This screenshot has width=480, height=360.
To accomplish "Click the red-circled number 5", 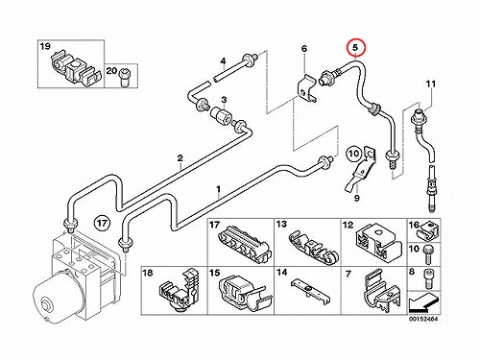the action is [x=355, y=48].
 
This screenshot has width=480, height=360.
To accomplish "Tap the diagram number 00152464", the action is [x=422, y=319].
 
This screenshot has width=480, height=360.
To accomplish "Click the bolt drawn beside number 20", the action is [x=124, y=77].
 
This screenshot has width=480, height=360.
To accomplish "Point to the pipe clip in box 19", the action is [x=75, y=69].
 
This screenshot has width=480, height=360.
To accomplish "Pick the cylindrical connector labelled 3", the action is [x=221, y=116].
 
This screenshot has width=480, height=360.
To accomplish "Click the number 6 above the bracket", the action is [x=304, y=49].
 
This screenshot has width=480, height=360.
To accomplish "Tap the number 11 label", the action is [x=431, y=84].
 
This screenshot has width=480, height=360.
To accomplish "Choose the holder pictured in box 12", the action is [x=379, y=243].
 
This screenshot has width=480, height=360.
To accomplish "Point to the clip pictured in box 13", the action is [x=314, y=248].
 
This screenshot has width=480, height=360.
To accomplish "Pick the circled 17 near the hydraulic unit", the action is [x=103, y=223].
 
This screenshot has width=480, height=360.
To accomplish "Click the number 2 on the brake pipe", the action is [x=180, y=158].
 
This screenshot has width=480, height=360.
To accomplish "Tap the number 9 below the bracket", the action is [x=357, y=199].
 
